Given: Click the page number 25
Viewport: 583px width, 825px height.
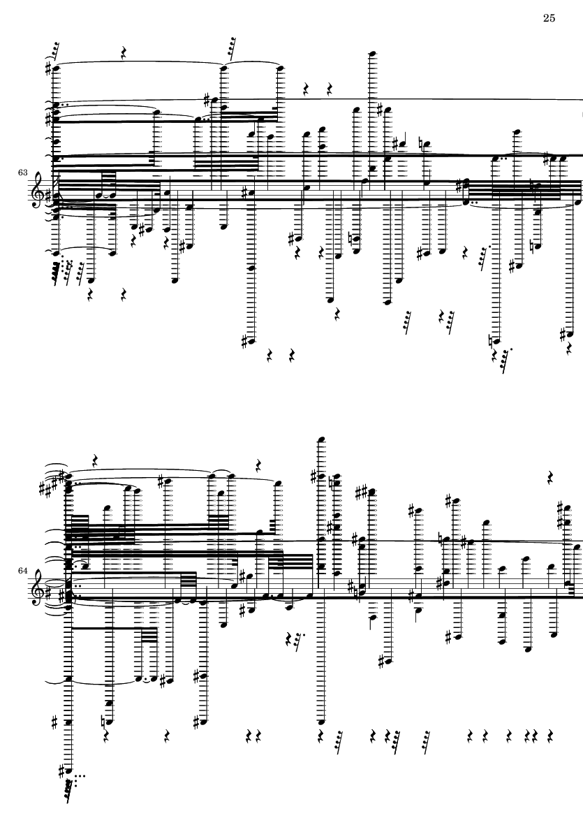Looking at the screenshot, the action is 549,18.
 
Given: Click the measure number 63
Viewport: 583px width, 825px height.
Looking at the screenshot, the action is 22,173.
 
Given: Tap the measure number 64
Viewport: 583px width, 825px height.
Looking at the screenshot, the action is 22,570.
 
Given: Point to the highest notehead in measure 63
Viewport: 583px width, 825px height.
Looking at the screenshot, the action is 372,54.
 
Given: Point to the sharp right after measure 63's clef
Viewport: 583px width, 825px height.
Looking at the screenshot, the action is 49,196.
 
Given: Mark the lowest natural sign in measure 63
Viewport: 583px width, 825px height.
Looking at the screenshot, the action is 492,341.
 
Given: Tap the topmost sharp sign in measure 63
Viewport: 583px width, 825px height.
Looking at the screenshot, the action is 49,68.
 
